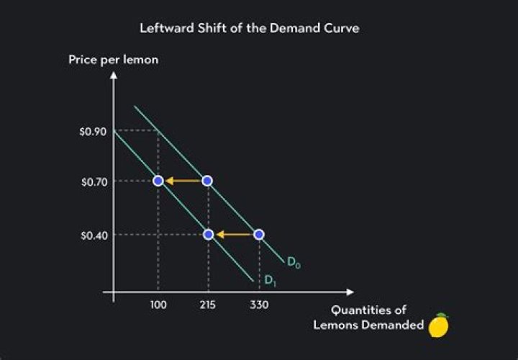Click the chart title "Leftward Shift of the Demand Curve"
(x=259, y=29)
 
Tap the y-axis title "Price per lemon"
(x=114, y=59)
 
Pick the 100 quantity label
(x=158, y=305)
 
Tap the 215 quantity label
(x=208, y=305)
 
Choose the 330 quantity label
(x=259, y=305)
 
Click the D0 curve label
(x=294, y=263)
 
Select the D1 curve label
(x=270, y=280)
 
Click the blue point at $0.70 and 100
(x=158, y=181)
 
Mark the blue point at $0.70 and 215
(x=207, y=181)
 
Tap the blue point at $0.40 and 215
(x=208, y=234)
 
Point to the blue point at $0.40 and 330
(x=259, y=234)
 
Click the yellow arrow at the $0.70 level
(x=183, y=181)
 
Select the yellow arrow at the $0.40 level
(x=234, y=234)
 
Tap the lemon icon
(x=438, y=325)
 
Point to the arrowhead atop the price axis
(x=113, y=75)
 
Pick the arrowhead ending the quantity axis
(x=350, y=292)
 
